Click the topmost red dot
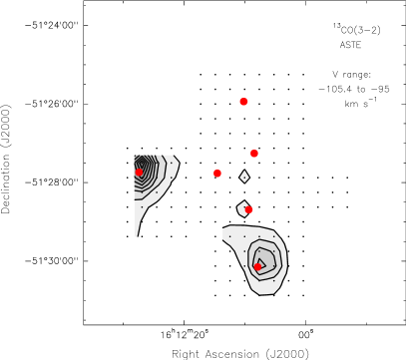pyautogui.click(x=243, y=102)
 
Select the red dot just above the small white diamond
pyautogui.click(x=254, y=154)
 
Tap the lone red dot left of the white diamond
pyautogui.click(x=217, y=174)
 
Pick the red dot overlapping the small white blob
pyautogui.click(x=248, y=210)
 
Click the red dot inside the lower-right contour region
pyautogui.click(x=257, y=267)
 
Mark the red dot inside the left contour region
pyautogui.click(x=140, y=173)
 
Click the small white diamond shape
pyautogui.click(x=244, y=177)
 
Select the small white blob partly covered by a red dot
pyautogui.click(x=241, y=208)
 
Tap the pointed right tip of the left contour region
pyautogui.click(x=178, y=160)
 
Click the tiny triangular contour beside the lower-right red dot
pyautogui.click(x=261, y=262)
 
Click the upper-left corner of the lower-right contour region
pyautogui.click(x=224, y=230)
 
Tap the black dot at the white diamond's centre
pyautogui.click(x=244, y=177)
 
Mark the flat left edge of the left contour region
pyautogui.click(x=135, y=189)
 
